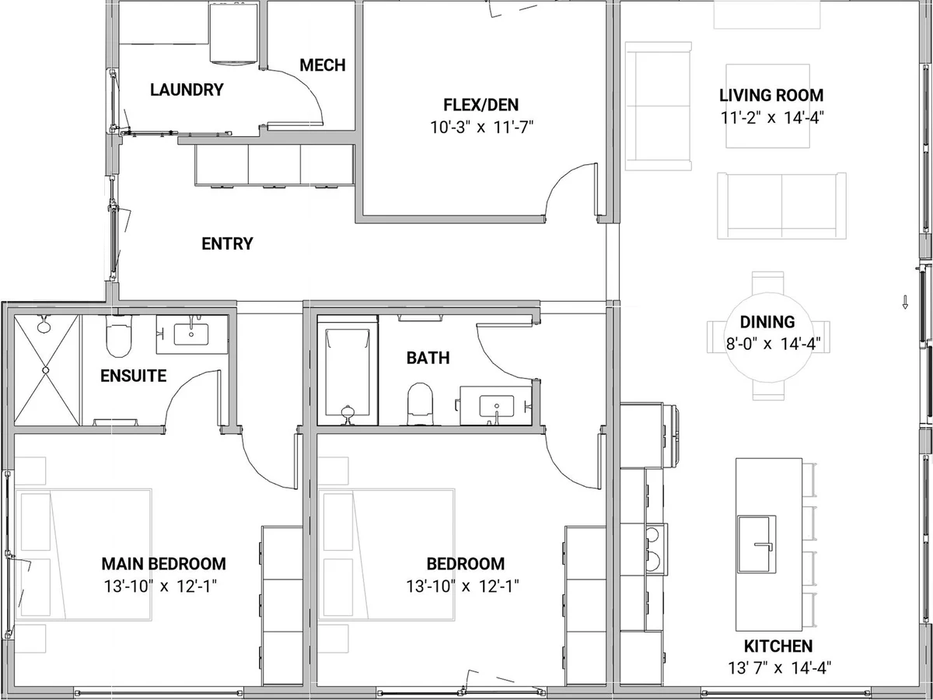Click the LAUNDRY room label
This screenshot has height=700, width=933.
pyautogui.click(x=187, y=89)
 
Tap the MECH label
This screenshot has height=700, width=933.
pyautogui.click(x=322, y=65)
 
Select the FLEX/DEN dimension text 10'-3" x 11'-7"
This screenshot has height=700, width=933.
pyautogui.click(x=481, y=127)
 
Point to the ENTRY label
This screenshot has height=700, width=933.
pyautogui.click(x=227, y=243)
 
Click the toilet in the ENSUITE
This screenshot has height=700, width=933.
pyautogui.click(x=119, y=336)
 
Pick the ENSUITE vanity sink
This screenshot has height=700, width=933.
pyautogui.click(x=190, y=334)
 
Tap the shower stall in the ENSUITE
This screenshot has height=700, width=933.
pyautogui.click(x=47, y=369)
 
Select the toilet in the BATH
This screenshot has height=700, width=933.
pyautogui.click(x=420, y=404)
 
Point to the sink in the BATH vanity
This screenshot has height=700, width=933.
pyautogui.click(x=497, y=406)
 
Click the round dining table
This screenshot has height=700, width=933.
pyautogui.click(x=767, y=336)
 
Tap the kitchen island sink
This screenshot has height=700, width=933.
pyautogui.click(x=757, y=544)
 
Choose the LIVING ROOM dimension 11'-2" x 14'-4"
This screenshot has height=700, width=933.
pyautogui.click(x=772, y=117)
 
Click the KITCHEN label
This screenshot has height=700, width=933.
pyautogui.click(x=778, y=646)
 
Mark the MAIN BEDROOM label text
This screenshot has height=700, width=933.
pyautogui.click(x=163, y=564)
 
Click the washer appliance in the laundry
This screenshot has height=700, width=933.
pyautogui.click(x=234, y=34)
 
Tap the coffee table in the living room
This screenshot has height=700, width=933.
pyautogui.click(x=767, y=106)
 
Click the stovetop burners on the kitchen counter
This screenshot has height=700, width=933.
pyautogui.click(x=655, y=549)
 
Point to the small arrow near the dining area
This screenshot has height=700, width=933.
pyautogui.click(x=905, y=301)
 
